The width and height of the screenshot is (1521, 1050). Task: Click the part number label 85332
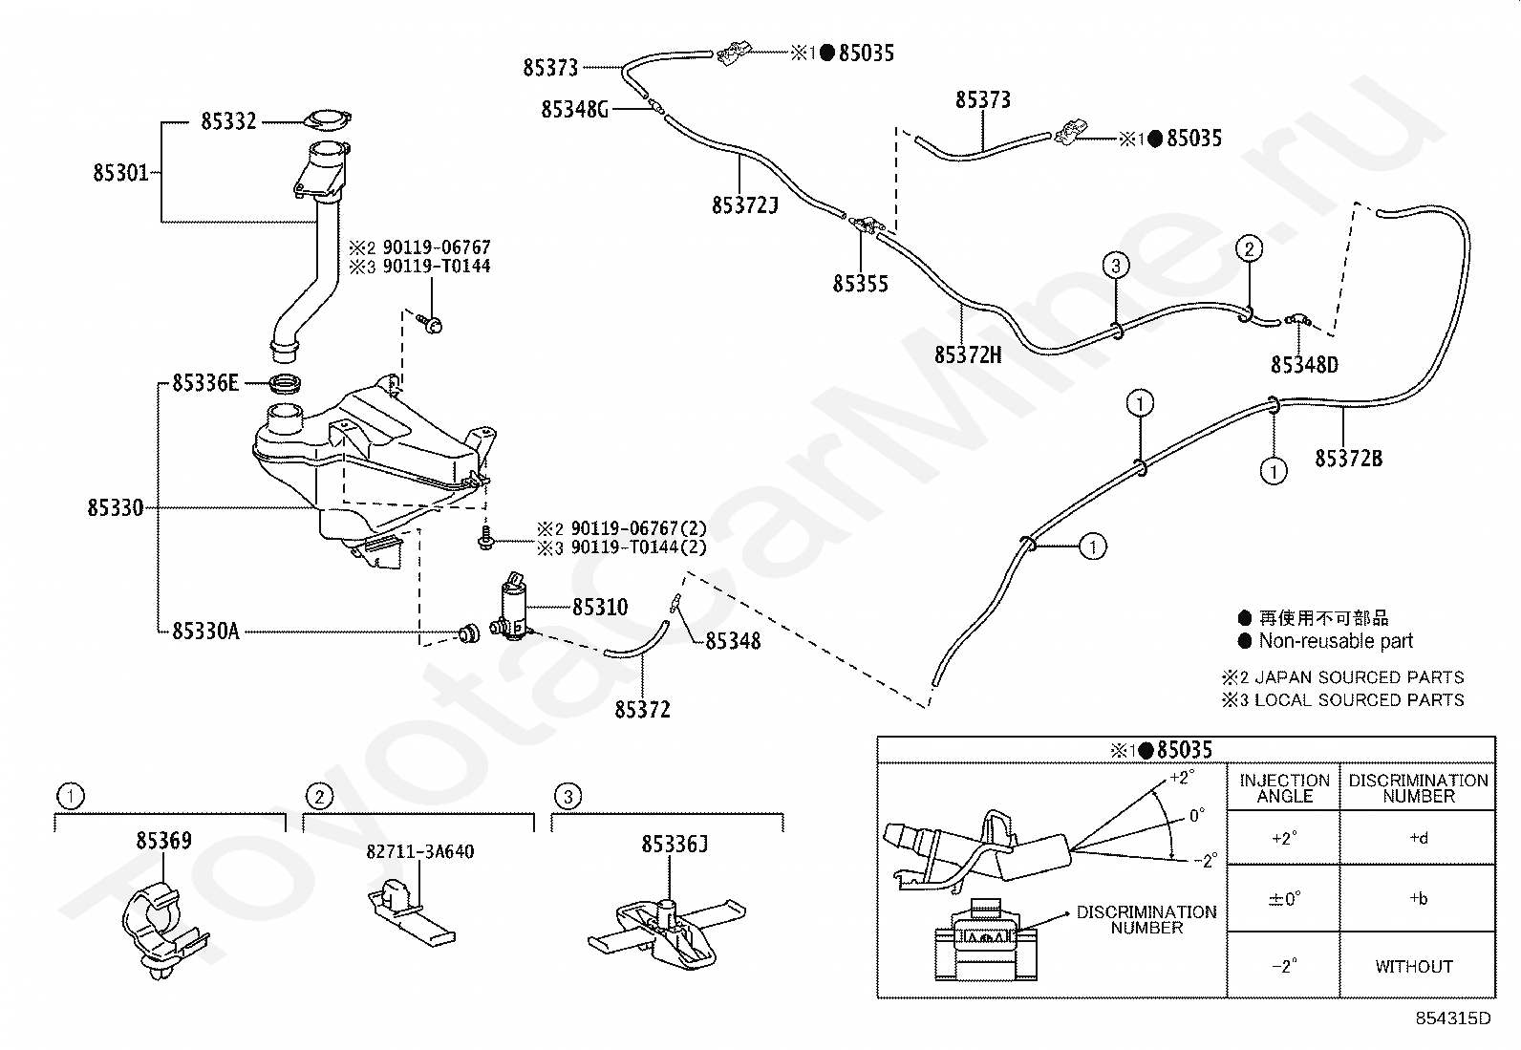228,121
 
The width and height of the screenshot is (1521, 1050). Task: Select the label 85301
121,173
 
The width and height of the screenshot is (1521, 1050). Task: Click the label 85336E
205,383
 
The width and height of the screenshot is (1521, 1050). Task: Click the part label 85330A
205,632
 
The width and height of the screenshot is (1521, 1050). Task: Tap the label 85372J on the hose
745,205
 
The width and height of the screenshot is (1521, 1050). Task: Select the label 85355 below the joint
860,284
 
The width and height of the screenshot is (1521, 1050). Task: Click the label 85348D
1304,365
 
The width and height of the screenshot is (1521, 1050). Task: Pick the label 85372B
1348,459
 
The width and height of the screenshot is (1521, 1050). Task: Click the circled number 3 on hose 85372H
1116,266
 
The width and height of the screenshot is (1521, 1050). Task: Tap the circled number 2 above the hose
1250,249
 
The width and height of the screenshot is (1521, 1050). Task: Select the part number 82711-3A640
420,851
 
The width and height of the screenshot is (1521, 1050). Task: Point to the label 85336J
675,845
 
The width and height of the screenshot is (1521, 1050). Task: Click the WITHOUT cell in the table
1414,967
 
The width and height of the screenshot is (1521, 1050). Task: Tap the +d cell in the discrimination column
1419,838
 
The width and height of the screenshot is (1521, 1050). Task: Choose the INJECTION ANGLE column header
1285,788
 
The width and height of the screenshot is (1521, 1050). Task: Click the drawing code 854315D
1452,1018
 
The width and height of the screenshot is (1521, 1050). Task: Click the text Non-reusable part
1336,641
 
